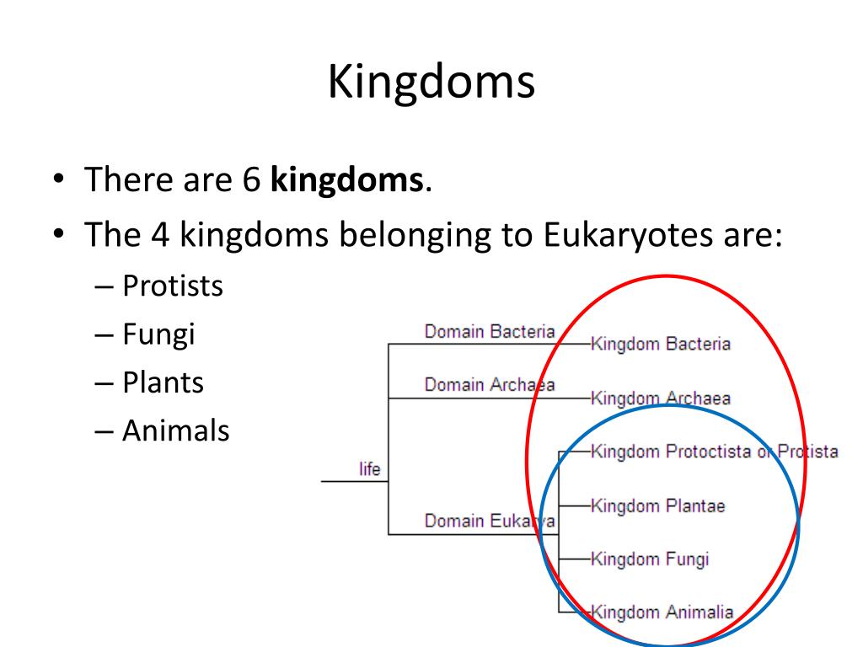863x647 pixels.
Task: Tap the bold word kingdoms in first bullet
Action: click(x=347, y=179)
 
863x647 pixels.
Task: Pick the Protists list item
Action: click(x=172, y=286)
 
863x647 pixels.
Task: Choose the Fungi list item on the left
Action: click(x=158, y=334)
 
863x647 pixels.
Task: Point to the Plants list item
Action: click(x=163, y=383)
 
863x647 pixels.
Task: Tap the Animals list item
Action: click(x=175, y=431)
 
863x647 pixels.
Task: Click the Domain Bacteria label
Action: click(x=490, y=332)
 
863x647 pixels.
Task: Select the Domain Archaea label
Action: click(x=490, y=385)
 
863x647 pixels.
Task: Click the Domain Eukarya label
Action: click(x=490, y=521)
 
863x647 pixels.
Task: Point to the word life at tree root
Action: click(x=370, y=469)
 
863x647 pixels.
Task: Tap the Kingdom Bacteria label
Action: click(x=661, y=345)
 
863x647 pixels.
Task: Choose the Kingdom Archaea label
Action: click(x=661, y=398)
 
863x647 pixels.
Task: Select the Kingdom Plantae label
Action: click(x=658, y=506)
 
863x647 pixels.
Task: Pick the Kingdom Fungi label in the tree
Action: click(x=650, y=559)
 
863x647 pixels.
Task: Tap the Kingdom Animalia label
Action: click(x=662, y=612)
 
